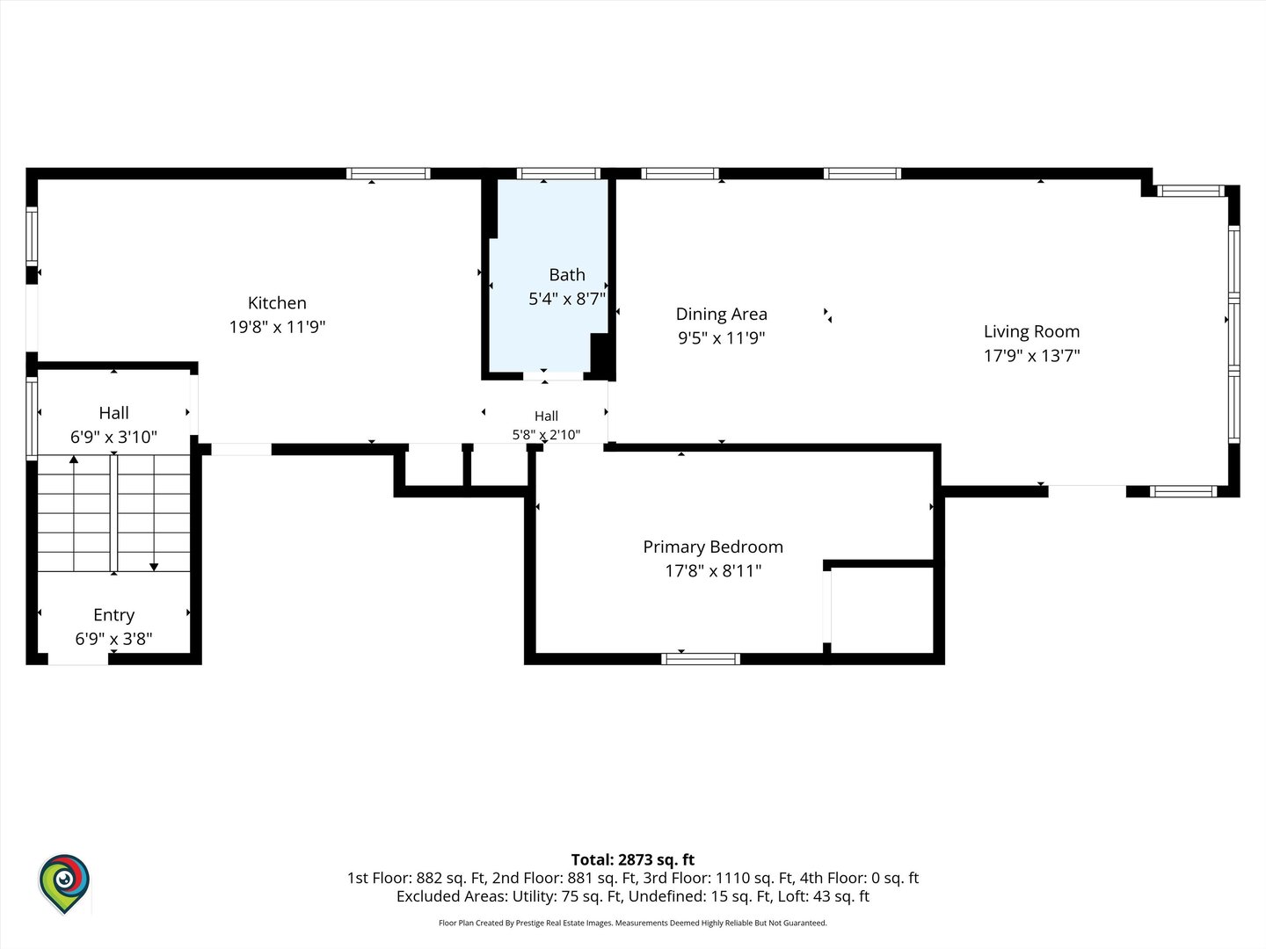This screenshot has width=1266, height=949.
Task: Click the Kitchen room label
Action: click(277, 302)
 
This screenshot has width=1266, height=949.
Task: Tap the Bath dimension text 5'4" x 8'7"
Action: click(567, 299)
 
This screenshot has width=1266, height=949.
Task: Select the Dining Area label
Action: click(721, 314)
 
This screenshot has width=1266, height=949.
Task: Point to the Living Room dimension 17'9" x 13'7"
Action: click(1031, 355)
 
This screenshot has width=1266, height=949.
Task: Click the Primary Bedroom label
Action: click(713, 547)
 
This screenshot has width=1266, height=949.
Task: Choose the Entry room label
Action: click(113, 615)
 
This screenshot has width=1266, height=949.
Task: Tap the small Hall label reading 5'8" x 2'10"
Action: click(546, 434)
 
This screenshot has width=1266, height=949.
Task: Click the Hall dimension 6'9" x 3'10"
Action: click(113, 437)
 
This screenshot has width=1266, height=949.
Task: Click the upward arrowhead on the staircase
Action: click(74, 459)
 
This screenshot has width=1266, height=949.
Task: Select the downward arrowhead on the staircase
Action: click(154, 567)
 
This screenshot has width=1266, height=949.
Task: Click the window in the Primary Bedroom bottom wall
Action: click(700, 659)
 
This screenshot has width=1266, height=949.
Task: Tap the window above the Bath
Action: click(558, 173)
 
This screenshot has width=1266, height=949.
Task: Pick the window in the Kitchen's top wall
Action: click(389, 173)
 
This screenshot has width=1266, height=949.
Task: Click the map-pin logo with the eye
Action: click(64, 883)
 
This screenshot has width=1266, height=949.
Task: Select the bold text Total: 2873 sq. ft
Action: click(633, 859)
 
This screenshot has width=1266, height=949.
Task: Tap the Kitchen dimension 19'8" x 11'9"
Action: click(277, 327)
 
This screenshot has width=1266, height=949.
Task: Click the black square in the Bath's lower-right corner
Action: click(600, 356)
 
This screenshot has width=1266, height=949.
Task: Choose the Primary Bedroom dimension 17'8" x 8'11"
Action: click(713, 570)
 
